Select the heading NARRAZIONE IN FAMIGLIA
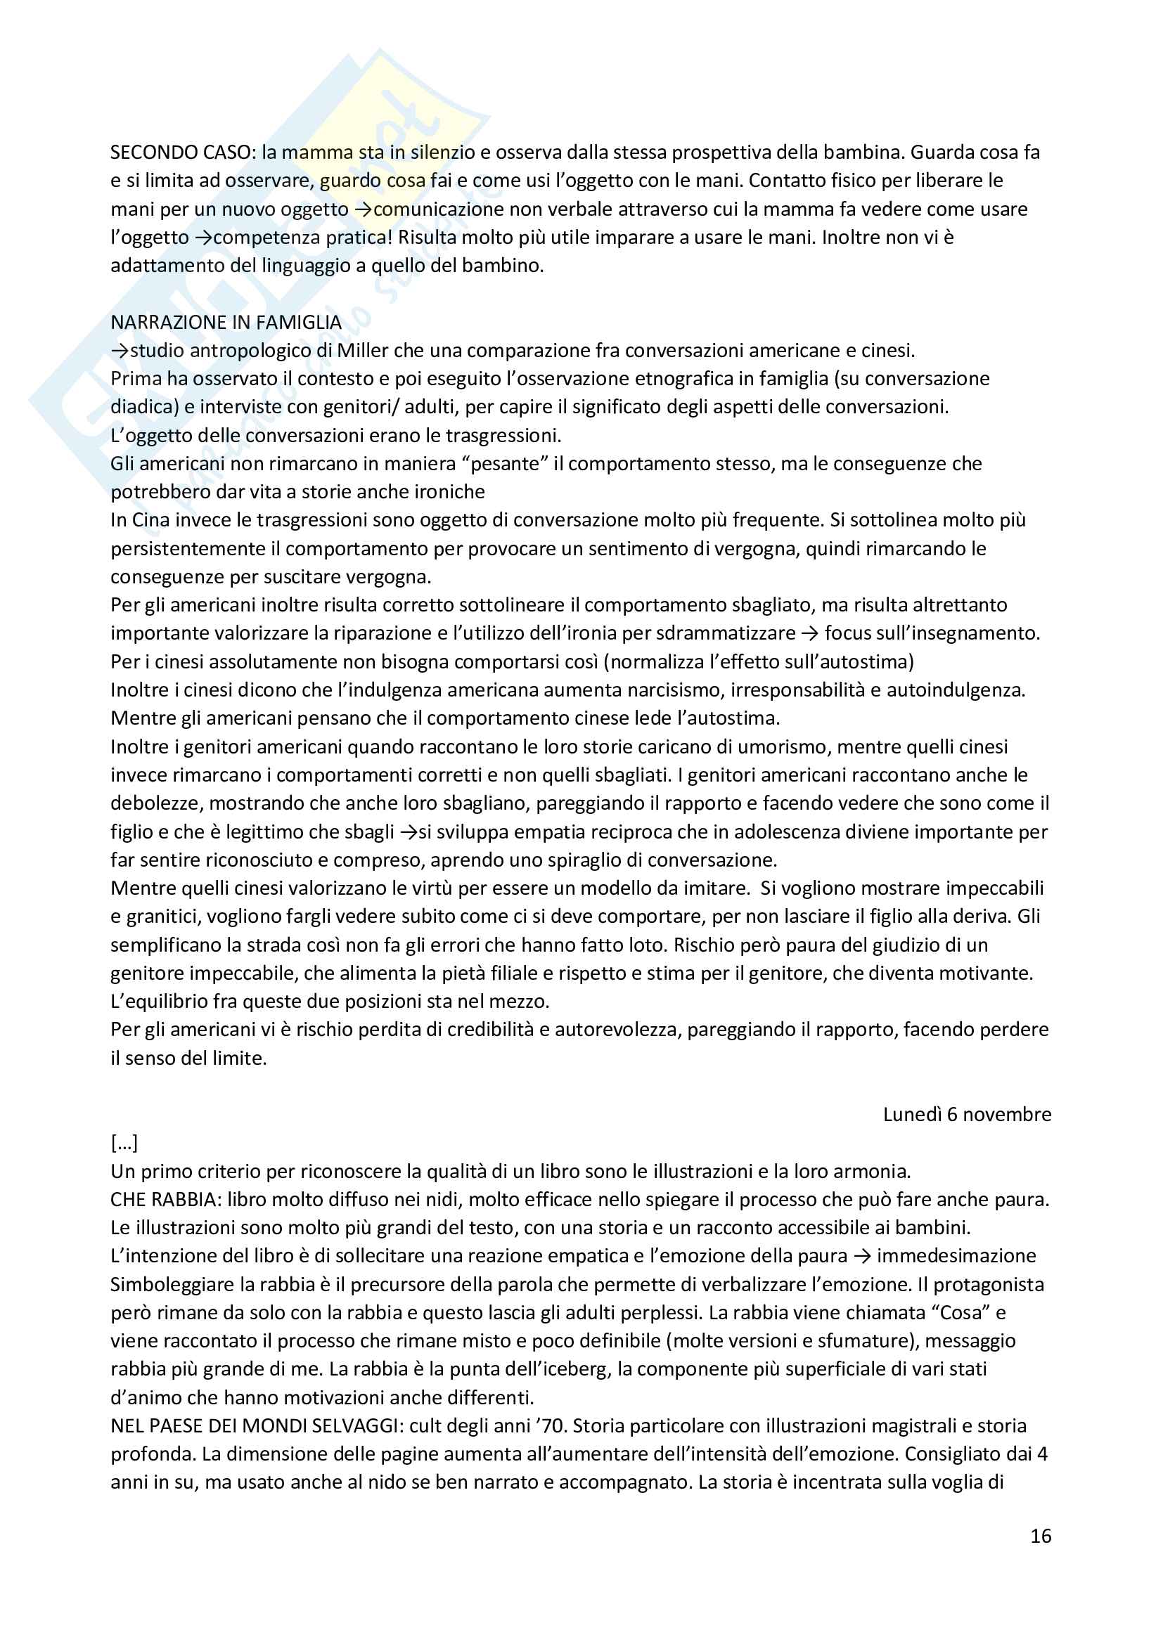[226, 322]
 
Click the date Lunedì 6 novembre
[967, 1115]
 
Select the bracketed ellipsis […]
[124, 1144]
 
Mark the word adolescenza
[824, 832]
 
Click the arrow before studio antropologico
[119, 351]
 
